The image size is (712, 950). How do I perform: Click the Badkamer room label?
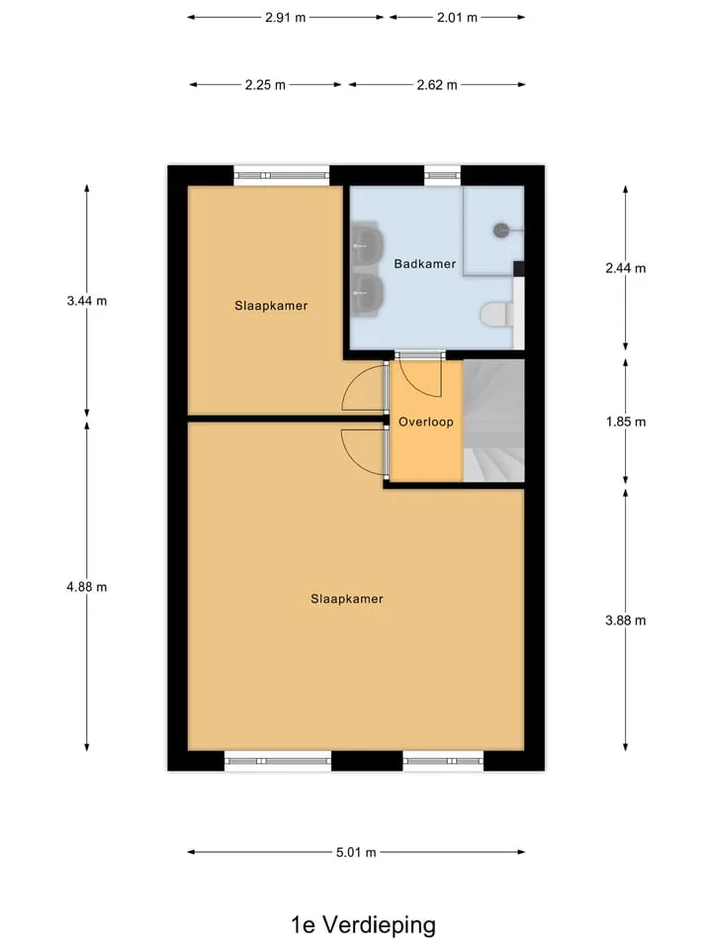coord(424,263)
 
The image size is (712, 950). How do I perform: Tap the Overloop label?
coord(425,422)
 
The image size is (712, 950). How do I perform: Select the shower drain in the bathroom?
coord(501,231)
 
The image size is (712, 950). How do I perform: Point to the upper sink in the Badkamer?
coord(367,245)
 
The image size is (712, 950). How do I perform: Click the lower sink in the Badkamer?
coord(367,293)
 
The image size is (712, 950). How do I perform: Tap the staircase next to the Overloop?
coord(493,421)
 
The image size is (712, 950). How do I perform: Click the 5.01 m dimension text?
coord(356,852)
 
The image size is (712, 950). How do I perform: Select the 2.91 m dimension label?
coord(285,18)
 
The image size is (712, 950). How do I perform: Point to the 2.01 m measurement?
coord(457,18)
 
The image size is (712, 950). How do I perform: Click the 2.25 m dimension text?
coord(265,85)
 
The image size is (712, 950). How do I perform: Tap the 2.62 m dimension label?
coord(436,85)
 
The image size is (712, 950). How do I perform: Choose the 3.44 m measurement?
coord(87,301)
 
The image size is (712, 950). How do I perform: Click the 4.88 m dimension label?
coord(87,587)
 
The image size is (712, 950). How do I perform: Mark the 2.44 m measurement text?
coord(625,268)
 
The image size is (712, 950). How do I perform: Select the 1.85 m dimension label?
coord(625,422)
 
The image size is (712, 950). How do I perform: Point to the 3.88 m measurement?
coord(625,620)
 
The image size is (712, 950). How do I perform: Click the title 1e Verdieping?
coord(363,925)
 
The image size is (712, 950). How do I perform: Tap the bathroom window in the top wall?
coord(442,176)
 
